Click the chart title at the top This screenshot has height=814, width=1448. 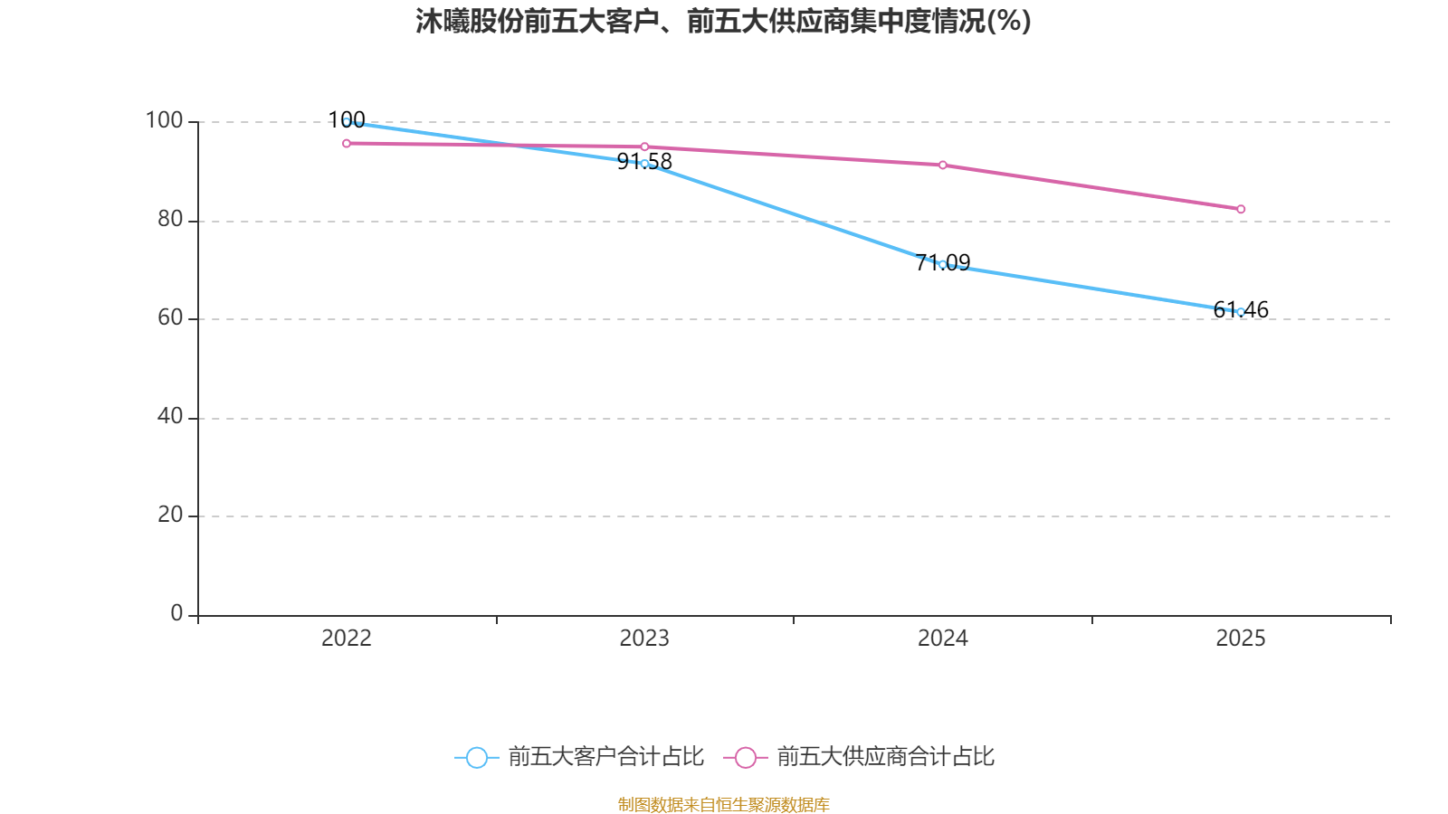(x=723, y=22)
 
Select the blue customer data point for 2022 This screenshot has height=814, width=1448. (x=347, y=121)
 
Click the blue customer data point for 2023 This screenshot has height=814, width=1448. (x=644, y=164)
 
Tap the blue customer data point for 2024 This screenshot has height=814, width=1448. (x=942, y=264)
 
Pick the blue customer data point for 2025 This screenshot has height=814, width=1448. (x=1241, y=312)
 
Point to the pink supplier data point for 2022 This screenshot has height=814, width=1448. (x=347, y=143)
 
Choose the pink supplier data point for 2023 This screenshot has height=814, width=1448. (x=644, y=147)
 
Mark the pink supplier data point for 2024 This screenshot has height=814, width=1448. (x=942, y=165)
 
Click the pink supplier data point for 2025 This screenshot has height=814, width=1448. (x=1241, y=209)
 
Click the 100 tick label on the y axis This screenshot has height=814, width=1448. (x=164, y=120)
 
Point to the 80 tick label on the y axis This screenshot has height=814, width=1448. (x=169, y=219)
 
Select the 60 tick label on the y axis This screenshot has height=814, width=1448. (x=169, y=317)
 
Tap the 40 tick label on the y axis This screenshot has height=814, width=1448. (x=169, y=416)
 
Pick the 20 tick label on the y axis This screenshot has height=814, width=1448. (x=169, y=515)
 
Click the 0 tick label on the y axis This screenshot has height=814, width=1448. (x=176, y=613)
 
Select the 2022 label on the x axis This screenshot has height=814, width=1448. (x=347, y=639)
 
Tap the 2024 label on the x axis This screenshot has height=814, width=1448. (x=942, y=639)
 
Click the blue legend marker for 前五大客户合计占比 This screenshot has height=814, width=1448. (x=476, y=757)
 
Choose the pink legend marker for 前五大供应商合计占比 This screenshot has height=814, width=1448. (x=745, y=757)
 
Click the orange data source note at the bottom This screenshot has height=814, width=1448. (x=723, y=804)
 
